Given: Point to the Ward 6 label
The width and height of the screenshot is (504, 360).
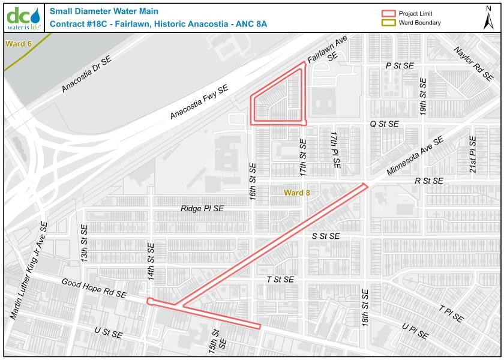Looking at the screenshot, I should tap(18, 44).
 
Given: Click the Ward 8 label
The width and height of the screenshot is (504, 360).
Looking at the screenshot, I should tap(297, 193).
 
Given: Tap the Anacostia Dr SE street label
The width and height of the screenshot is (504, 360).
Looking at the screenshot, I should tap(87, 75).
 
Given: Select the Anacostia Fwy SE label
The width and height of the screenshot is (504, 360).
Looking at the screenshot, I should tap(199, 101).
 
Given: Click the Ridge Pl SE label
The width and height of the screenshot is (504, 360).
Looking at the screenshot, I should tap(202, 208).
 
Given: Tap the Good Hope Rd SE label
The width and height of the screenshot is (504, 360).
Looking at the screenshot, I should tap(94, 288).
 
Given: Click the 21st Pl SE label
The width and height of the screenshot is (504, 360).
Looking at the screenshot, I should tap(473, 155).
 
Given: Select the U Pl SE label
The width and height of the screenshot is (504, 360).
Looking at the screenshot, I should tap(415, 331).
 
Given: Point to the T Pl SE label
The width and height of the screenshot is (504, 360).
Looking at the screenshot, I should tap(451, 314).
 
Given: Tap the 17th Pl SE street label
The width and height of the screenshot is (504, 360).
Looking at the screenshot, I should tap(334, 151).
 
